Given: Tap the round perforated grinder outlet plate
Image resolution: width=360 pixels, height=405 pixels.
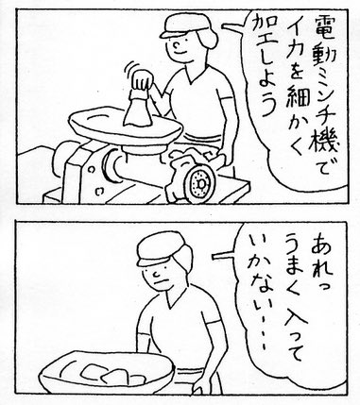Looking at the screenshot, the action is pos(200,182).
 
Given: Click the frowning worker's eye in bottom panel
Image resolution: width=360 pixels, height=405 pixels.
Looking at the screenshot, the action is pos(157,274).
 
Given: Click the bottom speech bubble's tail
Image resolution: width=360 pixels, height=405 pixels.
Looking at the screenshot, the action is pos(224,257).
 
